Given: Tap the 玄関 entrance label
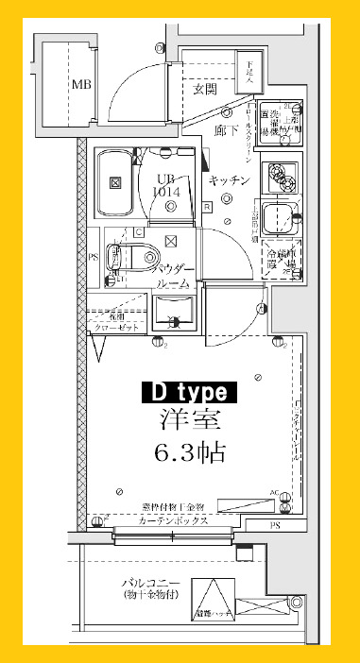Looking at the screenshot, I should click(x=206, y=90).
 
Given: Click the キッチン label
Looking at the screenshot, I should click(x=229, y=180).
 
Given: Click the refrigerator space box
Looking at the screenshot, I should click(x=282, y=260).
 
